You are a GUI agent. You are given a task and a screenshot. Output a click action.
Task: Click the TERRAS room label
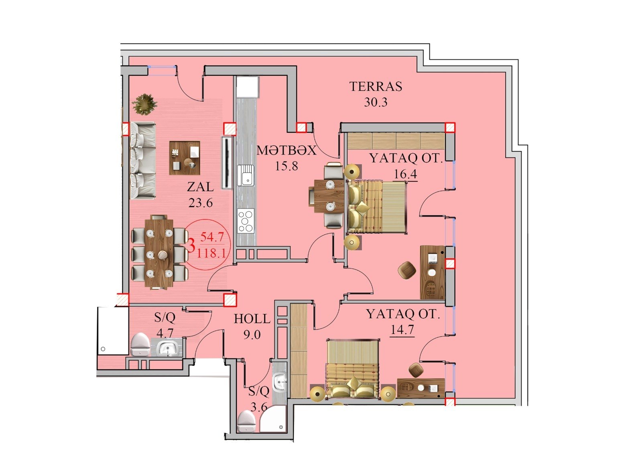pos(376,86)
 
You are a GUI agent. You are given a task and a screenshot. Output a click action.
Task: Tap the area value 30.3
pos(376,102)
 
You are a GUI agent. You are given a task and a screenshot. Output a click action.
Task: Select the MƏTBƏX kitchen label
pos(286,151)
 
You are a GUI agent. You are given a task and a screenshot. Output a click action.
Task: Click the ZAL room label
pos(201,187)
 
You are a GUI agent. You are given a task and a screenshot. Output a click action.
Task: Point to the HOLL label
pos(252,319)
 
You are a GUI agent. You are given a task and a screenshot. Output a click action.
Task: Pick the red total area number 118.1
pos(212,253)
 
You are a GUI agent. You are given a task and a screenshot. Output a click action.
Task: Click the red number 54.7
pos(212,237)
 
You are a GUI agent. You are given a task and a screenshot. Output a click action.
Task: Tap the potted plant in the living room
pos(145,104)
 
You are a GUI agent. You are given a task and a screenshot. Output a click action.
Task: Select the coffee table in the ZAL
pos(185,158)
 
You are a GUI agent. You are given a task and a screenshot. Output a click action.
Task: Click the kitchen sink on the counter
pos(246,175)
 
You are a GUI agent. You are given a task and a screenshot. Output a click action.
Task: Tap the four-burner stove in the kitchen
pos(246,221)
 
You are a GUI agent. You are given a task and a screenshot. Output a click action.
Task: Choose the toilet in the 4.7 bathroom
pos(140,344)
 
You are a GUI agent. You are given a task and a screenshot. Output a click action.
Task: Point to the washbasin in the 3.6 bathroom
pos(279,381)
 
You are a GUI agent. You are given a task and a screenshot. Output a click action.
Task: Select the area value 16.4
pos(405,174)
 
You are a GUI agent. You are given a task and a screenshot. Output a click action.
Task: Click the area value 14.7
pos(402,330)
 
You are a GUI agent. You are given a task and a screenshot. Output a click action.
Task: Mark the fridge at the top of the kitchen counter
pos(247,86)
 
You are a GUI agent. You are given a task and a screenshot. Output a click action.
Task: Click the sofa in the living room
pos(143,161)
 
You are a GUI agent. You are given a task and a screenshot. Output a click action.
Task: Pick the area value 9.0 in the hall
pos(252,335)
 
